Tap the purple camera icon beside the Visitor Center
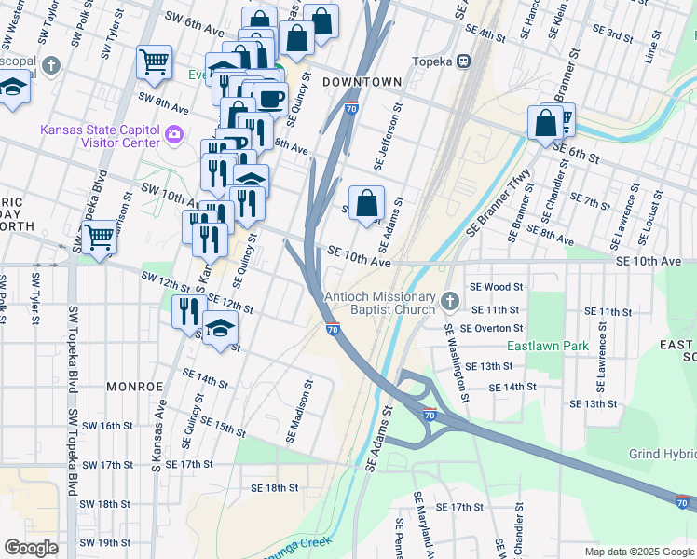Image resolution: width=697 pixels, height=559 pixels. pyautogui.click(x=173, y=137)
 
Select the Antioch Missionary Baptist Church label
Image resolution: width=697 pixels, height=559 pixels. pyautogui.click(x=379, y=304)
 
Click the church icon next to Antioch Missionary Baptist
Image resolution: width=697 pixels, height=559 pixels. pyautogui.click(x=450, y=300)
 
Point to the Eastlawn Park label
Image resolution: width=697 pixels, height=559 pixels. pyautogui.click(x=548, y=346)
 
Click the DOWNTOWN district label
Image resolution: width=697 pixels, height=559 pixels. pyautogui.click(x=362, y=82)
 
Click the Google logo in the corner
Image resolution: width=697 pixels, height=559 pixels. pyautogui.click(x=31, y=548)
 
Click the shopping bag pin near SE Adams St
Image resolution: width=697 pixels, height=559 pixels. pyautogui.click(x=367, y=202)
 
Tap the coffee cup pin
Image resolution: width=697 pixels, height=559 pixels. pyautogui.click(x=270, y=98)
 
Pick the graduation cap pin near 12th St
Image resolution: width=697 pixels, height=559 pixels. pyautogui.click(x=220, y=328)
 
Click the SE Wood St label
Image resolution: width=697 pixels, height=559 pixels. pyautogui.click(x=497, y=288)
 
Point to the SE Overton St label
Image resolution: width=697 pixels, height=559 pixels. pyautogui.click(x=496, y=328)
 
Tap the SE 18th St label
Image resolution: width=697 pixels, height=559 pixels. pyautogui.click(x=274, y=487)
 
